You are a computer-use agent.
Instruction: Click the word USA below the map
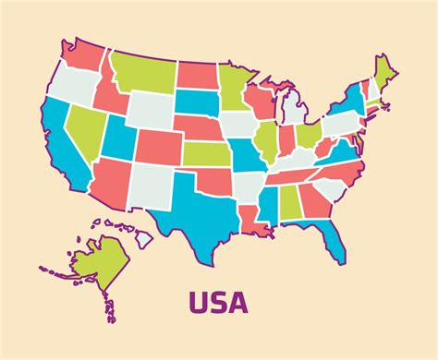pyautogui.click(x=219, y=302)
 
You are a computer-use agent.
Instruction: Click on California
pyautogui.click(x=66, y=152)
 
